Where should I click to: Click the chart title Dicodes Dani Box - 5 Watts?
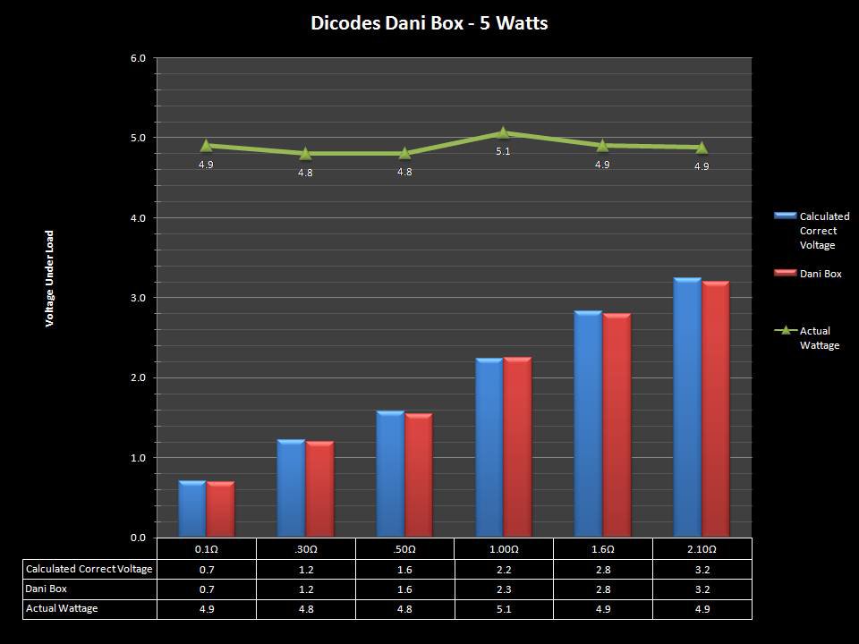(429, 23)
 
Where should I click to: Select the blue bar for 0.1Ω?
(192, 509)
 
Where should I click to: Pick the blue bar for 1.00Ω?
(489, 447)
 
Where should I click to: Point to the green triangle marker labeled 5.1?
(503, 133)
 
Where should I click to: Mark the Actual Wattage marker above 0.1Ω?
(206, 145)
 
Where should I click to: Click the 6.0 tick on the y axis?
(139, 58)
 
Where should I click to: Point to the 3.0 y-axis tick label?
(139, 298)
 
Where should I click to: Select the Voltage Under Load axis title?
(50, 279)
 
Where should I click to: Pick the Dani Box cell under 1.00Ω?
(503, 589)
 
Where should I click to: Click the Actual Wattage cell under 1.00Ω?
(503, 609)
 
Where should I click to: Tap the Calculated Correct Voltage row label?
(89, 569)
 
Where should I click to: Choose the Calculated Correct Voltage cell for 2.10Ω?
(702, 569)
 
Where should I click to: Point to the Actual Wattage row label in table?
(62, 609)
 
